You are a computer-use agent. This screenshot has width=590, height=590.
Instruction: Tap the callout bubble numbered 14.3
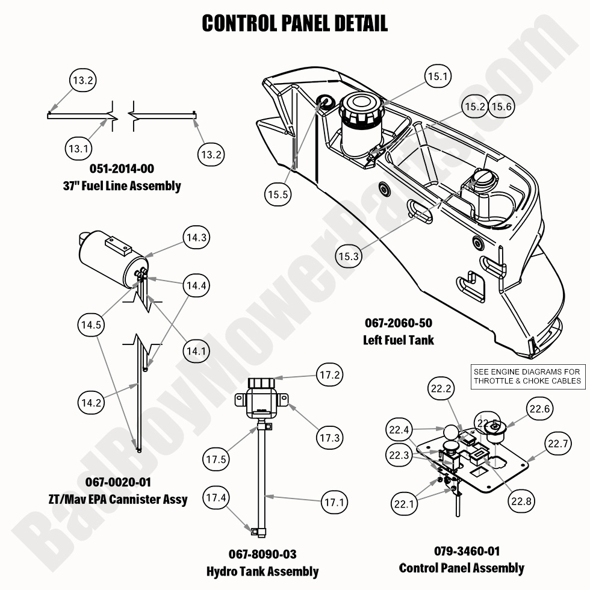point(197,238)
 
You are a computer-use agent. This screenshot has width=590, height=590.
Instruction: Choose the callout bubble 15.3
point(349,256)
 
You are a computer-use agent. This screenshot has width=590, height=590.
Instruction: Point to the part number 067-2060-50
point(398,323)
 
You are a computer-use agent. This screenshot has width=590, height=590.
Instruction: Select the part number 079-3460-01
point(461,551)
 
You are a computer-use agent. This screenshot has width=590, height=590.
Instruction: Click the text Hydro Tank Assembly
point(262,571)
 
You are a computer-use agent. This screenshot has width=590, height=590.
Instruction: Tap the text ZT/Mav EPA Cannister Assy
point(118,499)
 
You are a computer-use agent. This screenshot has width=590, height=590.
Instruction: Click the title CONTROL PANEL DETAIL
point(294,23)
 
